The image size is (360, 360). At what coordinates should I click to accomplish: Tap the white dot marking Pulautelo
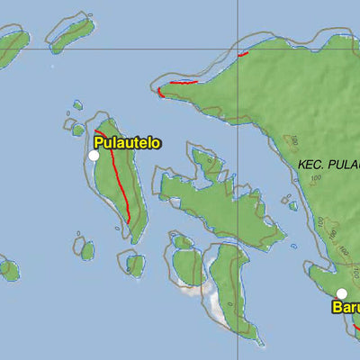[x=94, y=156]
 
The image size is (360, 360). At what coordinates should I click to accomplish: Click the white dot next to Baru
[x=342, y=293]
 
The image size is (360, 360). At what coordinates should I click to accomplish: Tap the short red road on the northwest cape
[x=176, y=85]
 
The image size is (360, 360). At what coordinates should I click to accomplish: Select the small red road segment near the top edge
[x=243, y=54]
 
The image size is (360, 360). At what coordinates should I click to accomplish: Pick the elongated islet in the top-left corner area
[x=72, y=34]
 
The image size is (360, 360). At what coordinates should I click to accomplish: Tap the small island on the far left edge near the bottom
[x=8, y=268]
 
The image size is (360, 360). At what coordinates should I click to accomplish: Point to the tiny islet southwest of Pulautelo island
[x=86, y=249]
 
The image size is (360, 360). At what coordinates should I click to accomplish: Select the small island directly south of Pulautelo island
[x=135, y=265]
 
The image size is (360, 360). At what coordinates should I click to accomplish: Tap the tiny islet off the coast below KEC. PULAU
[x=292, y=205]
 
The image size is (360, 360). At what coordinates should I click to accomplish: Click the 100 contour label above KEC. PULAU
[x=293, y=141]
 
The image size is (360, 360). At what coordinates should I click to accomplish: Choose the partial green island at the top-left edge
[x=13, y=47]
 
